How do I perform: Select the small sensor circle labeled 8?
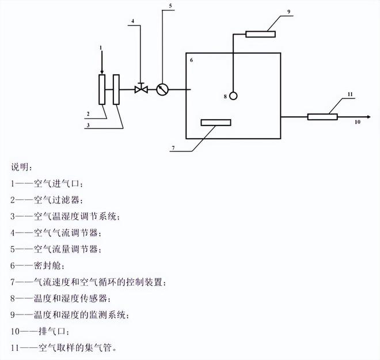[x=233, y=96]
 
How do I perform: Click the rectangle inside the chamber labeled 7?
[x=215, y=122]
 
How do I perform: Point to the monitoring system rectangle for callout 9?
[x=261, y=33]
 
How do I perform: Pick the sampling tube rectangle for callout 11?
[x=322, y=117]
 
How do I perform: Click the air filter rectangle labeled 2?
[x=102, y=89]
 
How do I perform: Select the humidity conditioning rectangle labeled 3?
[x=117, y=89]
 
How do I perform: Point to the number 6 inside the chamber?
[x=191, y=59]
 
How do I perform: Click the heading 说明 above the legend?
[x=22, y=167]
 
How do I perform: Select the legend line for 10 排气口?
[x=41, y=332]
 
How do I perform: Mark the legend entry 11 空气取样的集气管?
[x=67, y=348]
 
